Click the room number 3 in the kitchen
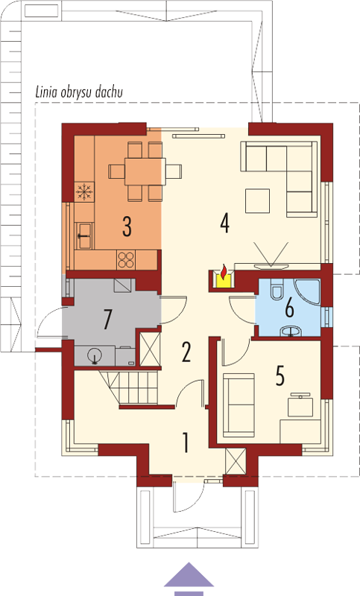[x=127, y=226]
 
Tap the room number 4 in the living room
[x=224, y=223]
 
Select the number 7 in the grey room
[x=107, y=320]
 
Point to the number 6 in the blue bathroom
[x=289, y=308]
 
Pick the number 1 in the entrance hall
[x=186, y=442]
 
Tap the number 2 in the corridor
[x=186, y=352]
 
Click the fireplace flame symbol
[x=224, y=271]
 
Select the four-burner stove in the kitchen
[x=126, y=260]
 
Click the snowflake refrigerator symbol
[x=84, y=191]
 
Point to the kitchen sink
[x=84, y=235]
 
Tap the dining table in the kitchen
[x=145, y=171]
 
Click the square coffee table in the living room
[x=257, y=200]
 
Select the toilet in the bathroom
[x=277, y=289]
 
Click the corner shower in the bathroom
[x=308, y=292]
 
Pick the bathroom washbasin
[x=291, y=332]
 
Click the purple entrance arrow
[x=189, y=579]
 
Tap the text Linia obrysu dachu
[x=79, y=92]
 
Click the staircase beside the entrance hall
[x=129, y=387]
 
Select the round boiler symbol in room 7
[x=94, y=356]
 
